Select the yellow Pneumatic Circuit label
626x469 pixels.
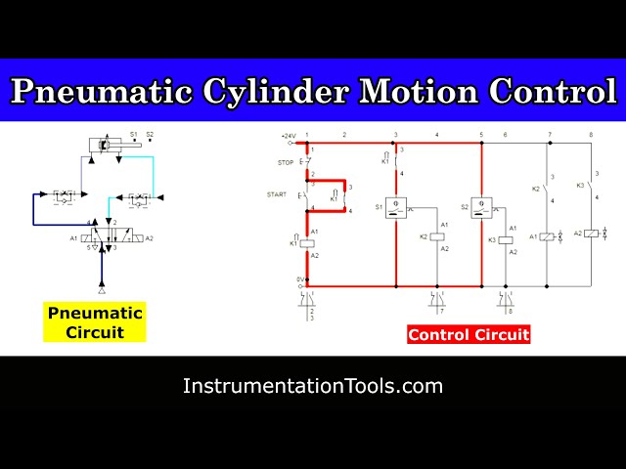pyautogui.click(x=95, y=322)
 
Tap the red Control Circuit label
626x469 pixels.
pyautogui.click(x=469, y=334)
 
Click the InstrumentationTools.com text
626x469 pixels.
pyautogui.click(x=313, y=386)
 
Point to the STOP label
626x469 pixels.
pyautogui.click(x=286, y=162)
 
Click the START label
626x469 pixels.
pyautogui.click(x=277, y=195)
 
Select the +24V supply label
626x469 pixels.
pyautogui.click(x=289, y=135)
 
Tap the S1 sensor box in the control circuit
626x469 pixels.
pyautogui.click(x=396, y=207)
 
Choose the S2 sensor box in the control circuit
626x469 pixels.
pyautogui.click(x=481, y=207)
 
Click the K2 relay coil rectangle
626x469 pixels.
pyautogui.click(x=437, y=237)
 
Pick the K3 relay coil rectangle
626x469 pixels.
pyautogui.click(x=507, y=238)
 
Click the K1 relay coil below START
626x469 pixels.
pyautogui.click(x=306, y=242)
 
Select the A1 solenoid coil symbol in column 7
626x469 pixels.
pyautogui.click(x=548, y=236)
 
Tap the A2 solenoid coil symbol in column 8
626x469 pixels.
pyautogui.click(x=591, y=234)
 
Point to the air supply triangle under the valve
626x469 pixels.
pyautogui.click(x=102, y=291)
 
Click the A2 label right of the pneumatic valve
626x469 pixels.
pyautogui.click(x=149, y=237)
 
